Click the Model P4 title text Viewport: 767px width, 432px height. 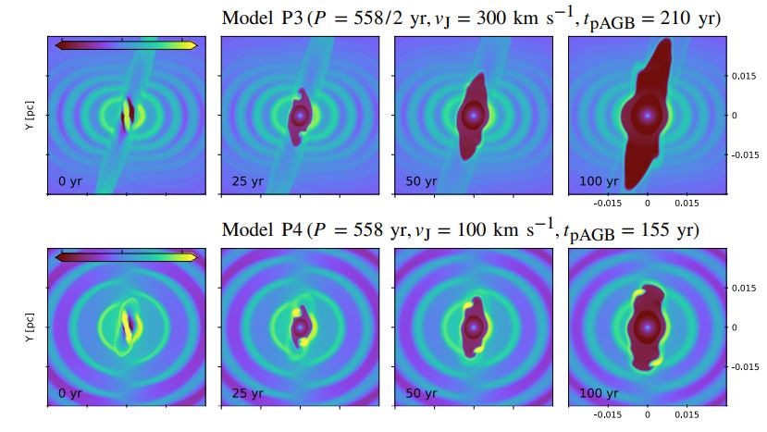coord(460,229)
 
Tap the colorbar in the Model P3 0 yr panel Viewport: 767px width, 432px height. coord(126,44)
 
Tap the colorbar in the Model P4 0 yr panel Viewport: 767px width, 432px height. coord(126,256)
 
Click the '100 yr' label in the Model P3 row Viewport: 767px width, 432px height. coord(598,181)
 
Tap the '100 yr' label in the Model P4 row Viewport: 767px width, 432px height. coord(598,393)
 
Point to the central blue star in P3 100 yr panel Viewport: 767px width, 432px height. coord(648,116)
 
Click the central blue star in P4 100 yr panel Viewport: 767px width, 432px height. coord(648,327)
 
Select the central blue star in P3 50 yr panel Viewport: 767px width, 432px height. coord(474,116)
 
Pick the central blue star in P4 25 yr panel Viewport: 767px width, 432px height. coord(300,327)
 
